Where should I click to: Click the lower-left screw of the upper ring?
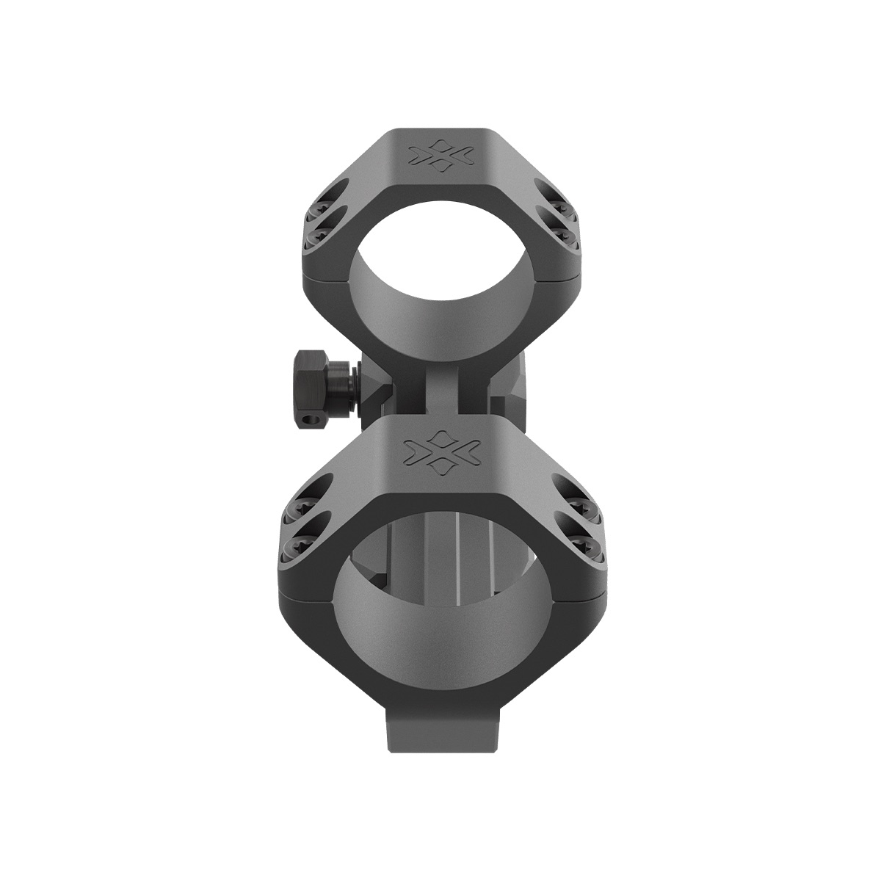[x=320, y=236]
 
